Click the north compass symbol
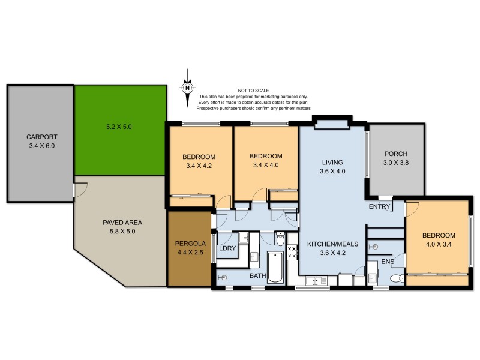tap(188, 88)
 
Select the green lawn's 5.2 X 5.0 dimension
tap(118, 127)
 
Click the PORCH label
tap(396, 153)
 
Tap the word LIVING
tap(332, 162)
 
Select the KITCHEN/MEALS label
tap(332, 244)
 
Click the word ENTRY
tap(380, 207)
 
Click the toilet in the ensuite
tap(395, 279)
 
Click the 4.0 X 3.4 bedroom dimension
tap(439, 244)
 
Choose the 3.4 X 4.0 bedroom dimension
tap(266, 166)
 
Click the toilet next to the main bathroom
tap(280, 240)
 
